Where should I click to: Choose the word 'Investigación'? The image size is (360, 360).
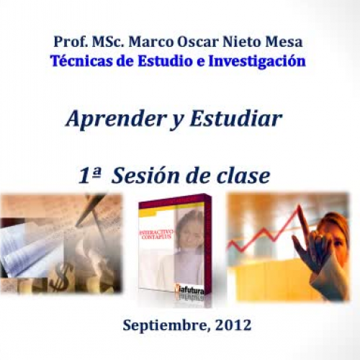[x=257, y=61]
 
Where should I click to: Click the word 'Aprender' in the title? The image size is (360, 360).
[x=106, y=119]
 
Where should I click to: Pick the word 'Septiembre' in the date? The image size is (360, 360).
[x=164, y=325]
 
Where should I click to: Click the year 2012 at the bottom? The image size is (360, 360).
[x=233, y=325]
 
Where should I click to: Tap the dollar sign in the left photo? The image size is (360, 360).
[x=62, y=273]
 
